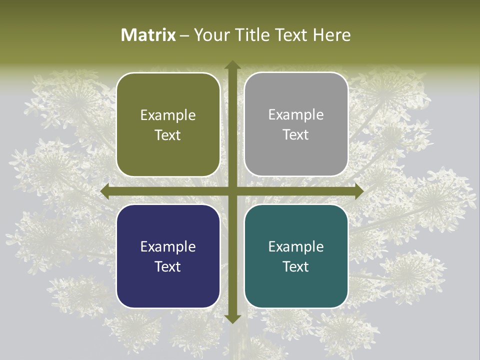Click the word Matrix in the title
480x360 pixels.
click(148, 35)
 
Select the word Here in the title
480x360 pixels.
click(332, 35)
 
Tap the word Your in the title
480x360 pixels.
click(209, 35)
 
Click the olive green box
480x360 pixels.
click(168, 124)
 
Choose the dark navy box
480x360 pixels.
click(168, 256)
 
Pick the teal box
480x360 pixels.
click(296, 256)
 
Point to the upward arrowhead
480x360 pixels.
click(232, 65)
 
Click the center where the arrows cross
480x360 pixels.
click(232, 191)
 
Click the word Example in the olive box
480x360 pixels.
click(168, 115)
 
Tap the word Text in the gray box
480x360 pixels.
click(296, 135)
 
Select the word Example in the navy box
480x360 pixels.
click(168, 247)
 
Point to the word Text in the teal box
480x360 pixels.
click(296, 267)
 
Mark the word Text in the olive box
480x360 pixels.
click(168, 135)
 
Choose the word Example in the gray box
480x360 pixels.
click(296, 115)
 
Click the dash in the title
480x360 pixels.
click(184, 35)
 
